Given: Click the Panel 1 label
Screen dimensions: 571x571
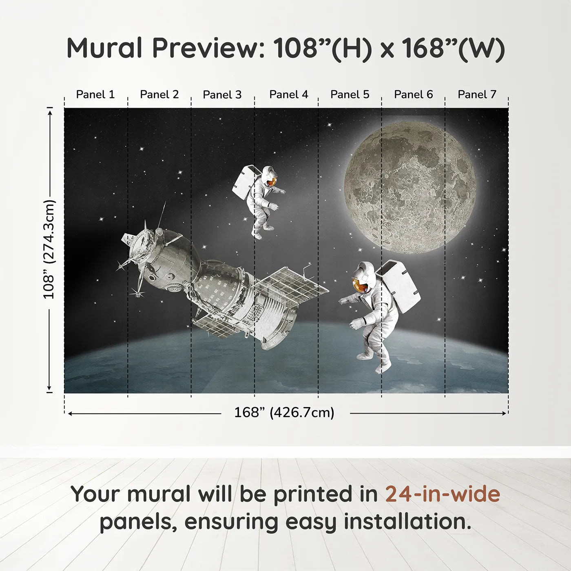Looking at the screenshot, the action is [x=95, y=95].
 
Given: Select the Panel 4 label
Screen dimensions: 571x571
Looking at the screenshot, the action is [x=289, y=95].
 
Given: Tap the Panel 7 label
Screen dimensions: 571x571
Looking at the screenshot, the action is [x=477, y=95].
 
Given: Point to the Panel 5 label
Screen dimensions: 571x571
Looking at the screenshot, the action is [x=350, y=95].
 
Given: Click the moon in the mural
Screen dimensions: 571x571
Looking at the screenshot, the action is [x=410, y=188].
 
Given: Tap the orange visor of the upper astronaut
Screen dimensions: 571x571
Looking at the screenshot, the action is [x=271, y=181].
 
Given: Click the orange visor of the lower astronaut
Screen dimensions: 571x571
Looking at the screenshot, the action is [x=359, y=285].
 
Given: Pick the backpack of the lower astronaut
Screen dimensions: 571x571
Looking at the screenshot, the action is [x=398, y=286].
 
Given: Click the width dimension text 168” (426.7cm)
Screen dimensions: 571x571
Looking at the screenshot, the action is [x=284, y=412].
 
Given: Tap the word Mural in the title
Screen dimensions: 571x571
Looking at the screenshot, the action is [x=104, y=48].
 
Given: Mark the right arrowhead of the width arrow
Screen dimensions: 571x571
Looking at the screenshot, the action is [x=504, y=413].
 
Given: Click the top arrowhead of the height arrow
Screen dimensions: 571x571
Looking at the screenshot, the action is [x=50, y=113].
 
